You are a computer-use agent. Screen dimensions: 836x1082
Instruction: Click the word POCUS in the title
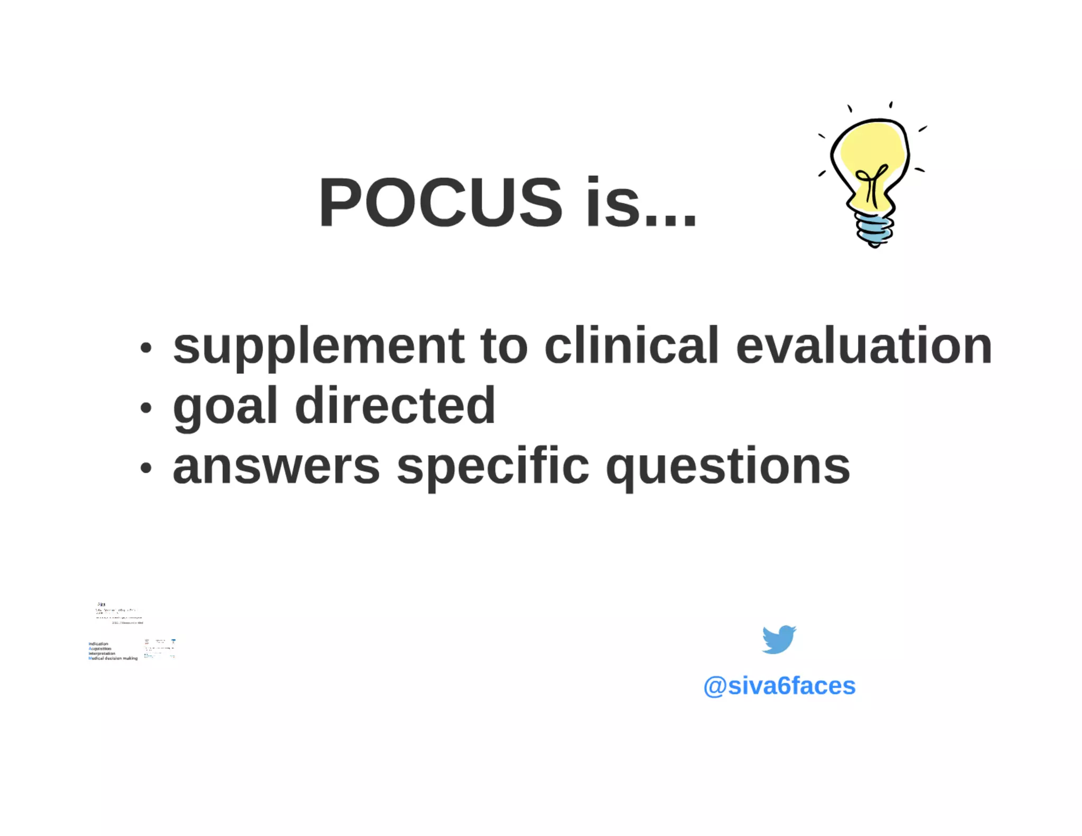(x=440, y=202)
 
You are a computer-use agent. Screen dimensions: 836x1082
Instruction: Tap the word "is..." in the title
(x=641, y=202)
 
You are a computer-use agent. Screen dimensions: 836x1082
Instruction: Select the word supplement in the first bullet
(x=319, y=347)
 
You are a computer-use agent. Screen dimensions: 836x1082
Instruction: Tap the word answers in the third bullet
(x=276, y=467)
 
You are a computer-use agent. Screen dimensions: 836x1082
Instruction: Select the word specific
(x=493, y=467)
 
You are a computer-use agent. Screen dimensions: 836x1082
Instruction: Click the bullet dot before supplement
(x=146, y=348)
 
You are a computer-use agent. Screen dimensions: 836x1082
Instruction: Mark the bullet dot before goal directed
(x=146, y=407)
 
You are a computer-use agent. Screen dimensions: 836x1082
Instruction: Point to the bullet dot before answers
(x=146, y=467)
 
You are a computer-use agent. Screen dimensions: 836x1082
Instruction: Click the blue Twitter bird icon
(x=779, y=639)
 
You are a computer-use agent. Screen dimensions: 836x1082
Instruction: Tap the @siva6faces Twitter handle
(x=779, y=686)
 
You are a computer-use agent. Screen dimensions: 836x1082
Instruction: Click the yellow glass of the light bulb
(x=866, y=148)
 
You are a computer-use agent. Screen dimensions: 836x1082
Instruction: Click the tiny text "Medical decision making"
(x=113, y=658)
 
